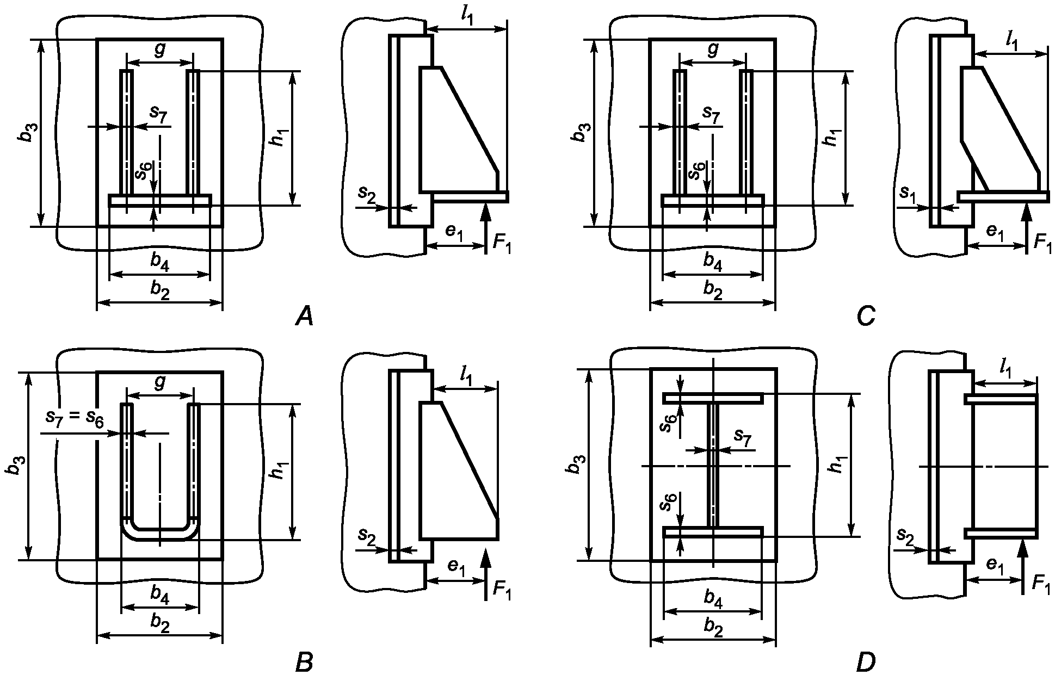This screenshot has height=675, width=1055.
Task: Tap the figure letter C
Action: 866,317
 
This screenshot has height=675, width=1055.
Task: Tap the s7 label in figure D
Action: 742,436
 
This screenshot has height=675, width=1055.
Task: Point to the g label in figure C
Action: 713,50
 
